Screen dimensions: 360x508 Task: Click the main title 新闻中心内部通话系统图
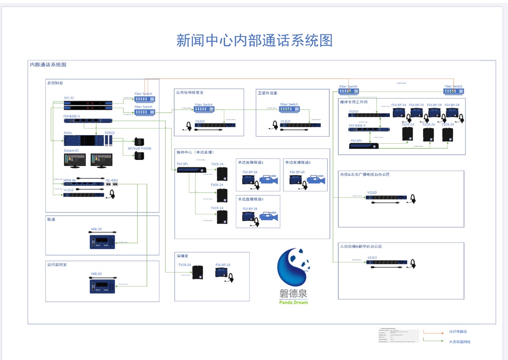254,41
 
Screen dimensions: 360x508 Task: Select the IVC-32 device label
69,98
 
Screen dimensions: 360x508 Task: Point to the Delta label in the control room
67,133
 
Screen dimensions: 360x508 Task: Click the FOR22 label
110,133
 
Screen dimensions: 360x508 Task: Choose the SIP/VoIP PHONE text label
140,149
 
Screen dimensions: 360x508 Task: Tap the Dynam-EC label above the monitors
71,151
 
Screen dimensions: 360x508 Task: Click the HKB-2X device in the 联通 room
102,242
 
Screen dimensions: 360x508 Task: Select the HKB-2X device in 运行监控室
102,286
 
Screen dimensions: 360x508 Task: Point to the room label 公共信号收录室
190,92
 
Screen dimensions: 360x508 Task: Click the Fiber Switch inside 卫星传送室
289,109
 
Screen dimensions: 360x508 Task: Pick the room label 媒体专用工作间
354,102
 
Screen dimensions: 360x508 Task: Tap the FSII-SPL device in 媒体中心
191,169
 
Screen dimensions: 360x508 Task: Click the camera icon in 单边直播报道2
316,180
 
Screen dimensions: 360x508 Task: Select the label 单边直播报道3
251,199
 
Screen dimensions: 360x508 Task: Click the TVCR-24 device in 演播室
198,272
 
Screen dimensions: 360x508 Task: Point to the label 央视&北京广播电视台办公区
365,174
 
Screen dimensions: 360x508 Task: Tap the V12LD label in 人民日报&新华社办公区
372,258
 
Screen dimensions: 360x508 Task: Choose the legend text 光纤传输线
458,332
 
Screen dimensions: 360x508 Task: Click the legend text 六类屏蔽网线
459,342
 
